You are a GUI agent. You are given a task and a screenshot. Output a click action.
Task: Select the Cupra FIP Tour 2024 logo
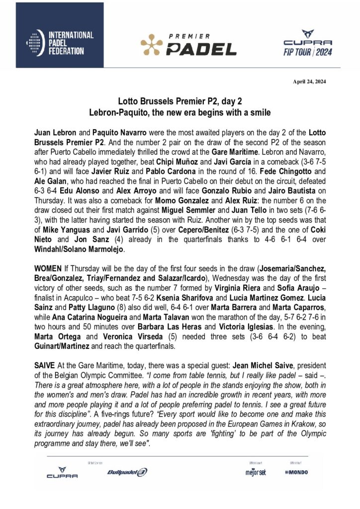307,43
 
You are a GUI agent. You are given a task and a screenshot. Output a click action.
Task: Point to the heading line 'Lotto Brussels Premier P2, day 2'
180,100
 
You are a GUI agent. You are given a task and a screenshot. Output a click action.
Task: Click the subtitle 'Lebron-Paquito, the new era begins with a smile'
180,113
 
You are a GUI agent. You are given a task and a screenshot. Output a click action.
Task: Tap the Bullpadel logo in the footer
127,472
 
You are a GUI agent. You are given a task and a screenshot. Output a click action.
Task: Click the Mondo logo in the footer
296,472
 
